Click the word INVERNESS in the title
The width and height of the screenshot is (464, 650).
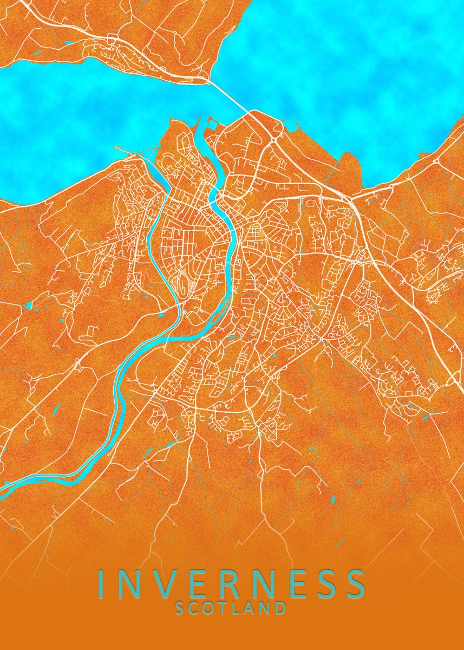[x=231, y=584]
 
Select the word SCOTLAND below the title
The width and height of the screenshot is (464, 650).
[x=231, y=608]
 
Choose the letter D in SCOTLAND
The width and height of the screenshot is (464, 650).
[x=279, y=608]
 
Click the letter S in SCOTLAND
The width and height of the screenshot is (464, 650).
[x=180, y=608]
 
